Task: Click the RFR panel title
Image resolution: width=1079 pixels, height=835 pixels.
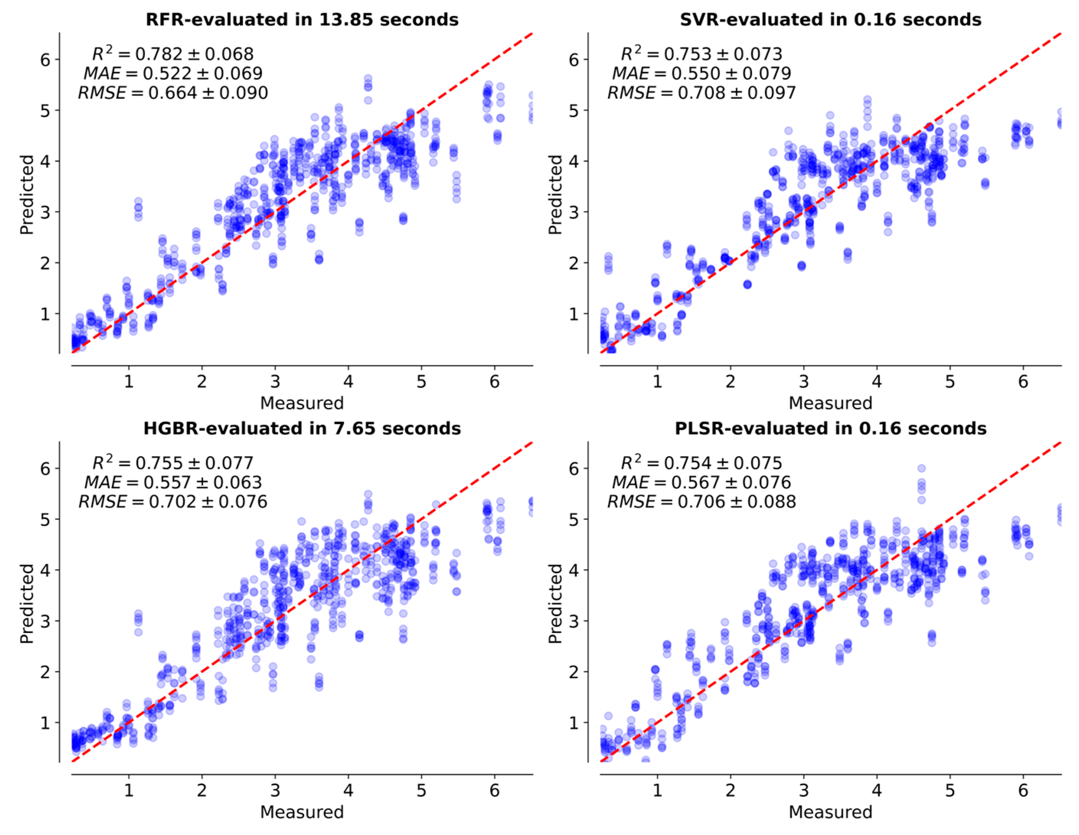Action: click(x=302, y=20)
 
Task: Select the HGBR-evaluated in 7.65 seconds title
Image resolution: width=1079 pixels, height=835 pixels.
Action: click(x=302, y=428)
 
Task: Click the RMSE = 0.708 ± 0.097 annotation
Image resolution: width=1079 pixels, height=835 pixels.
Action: click(x=701, y=93)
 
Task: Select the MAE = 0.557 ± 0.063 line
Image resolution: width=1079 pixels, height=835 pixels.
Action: click(x=173, y=482)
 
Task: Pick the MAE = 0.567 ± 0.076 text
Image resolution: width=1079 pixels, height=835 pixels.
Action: click(x=701, y=482)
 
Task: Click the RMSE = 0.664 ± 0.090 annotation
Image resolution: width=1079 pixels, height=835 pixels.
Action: click(x=173, y=93)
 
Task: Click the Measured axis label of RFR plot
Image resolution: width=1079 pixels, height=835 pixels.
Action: click(x=302, y=403)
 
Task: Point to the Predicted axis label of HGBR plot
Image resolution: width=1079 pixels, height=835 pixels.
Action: click(x=27, y=603)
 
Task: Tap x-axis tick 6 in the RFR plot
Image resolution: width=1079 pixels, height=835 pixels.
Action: click(x=495, y=382)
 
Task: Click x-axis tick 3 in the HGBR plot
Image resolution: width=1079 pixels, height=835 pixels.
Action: click(x=275, y=791)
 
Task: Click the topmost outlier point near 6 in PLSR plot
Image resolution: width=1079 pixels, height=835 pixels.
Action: click(x=921, y=468)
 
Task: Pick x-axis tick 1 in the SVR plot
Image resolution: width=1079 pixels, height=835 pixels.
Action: click(x=657, y=382)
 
